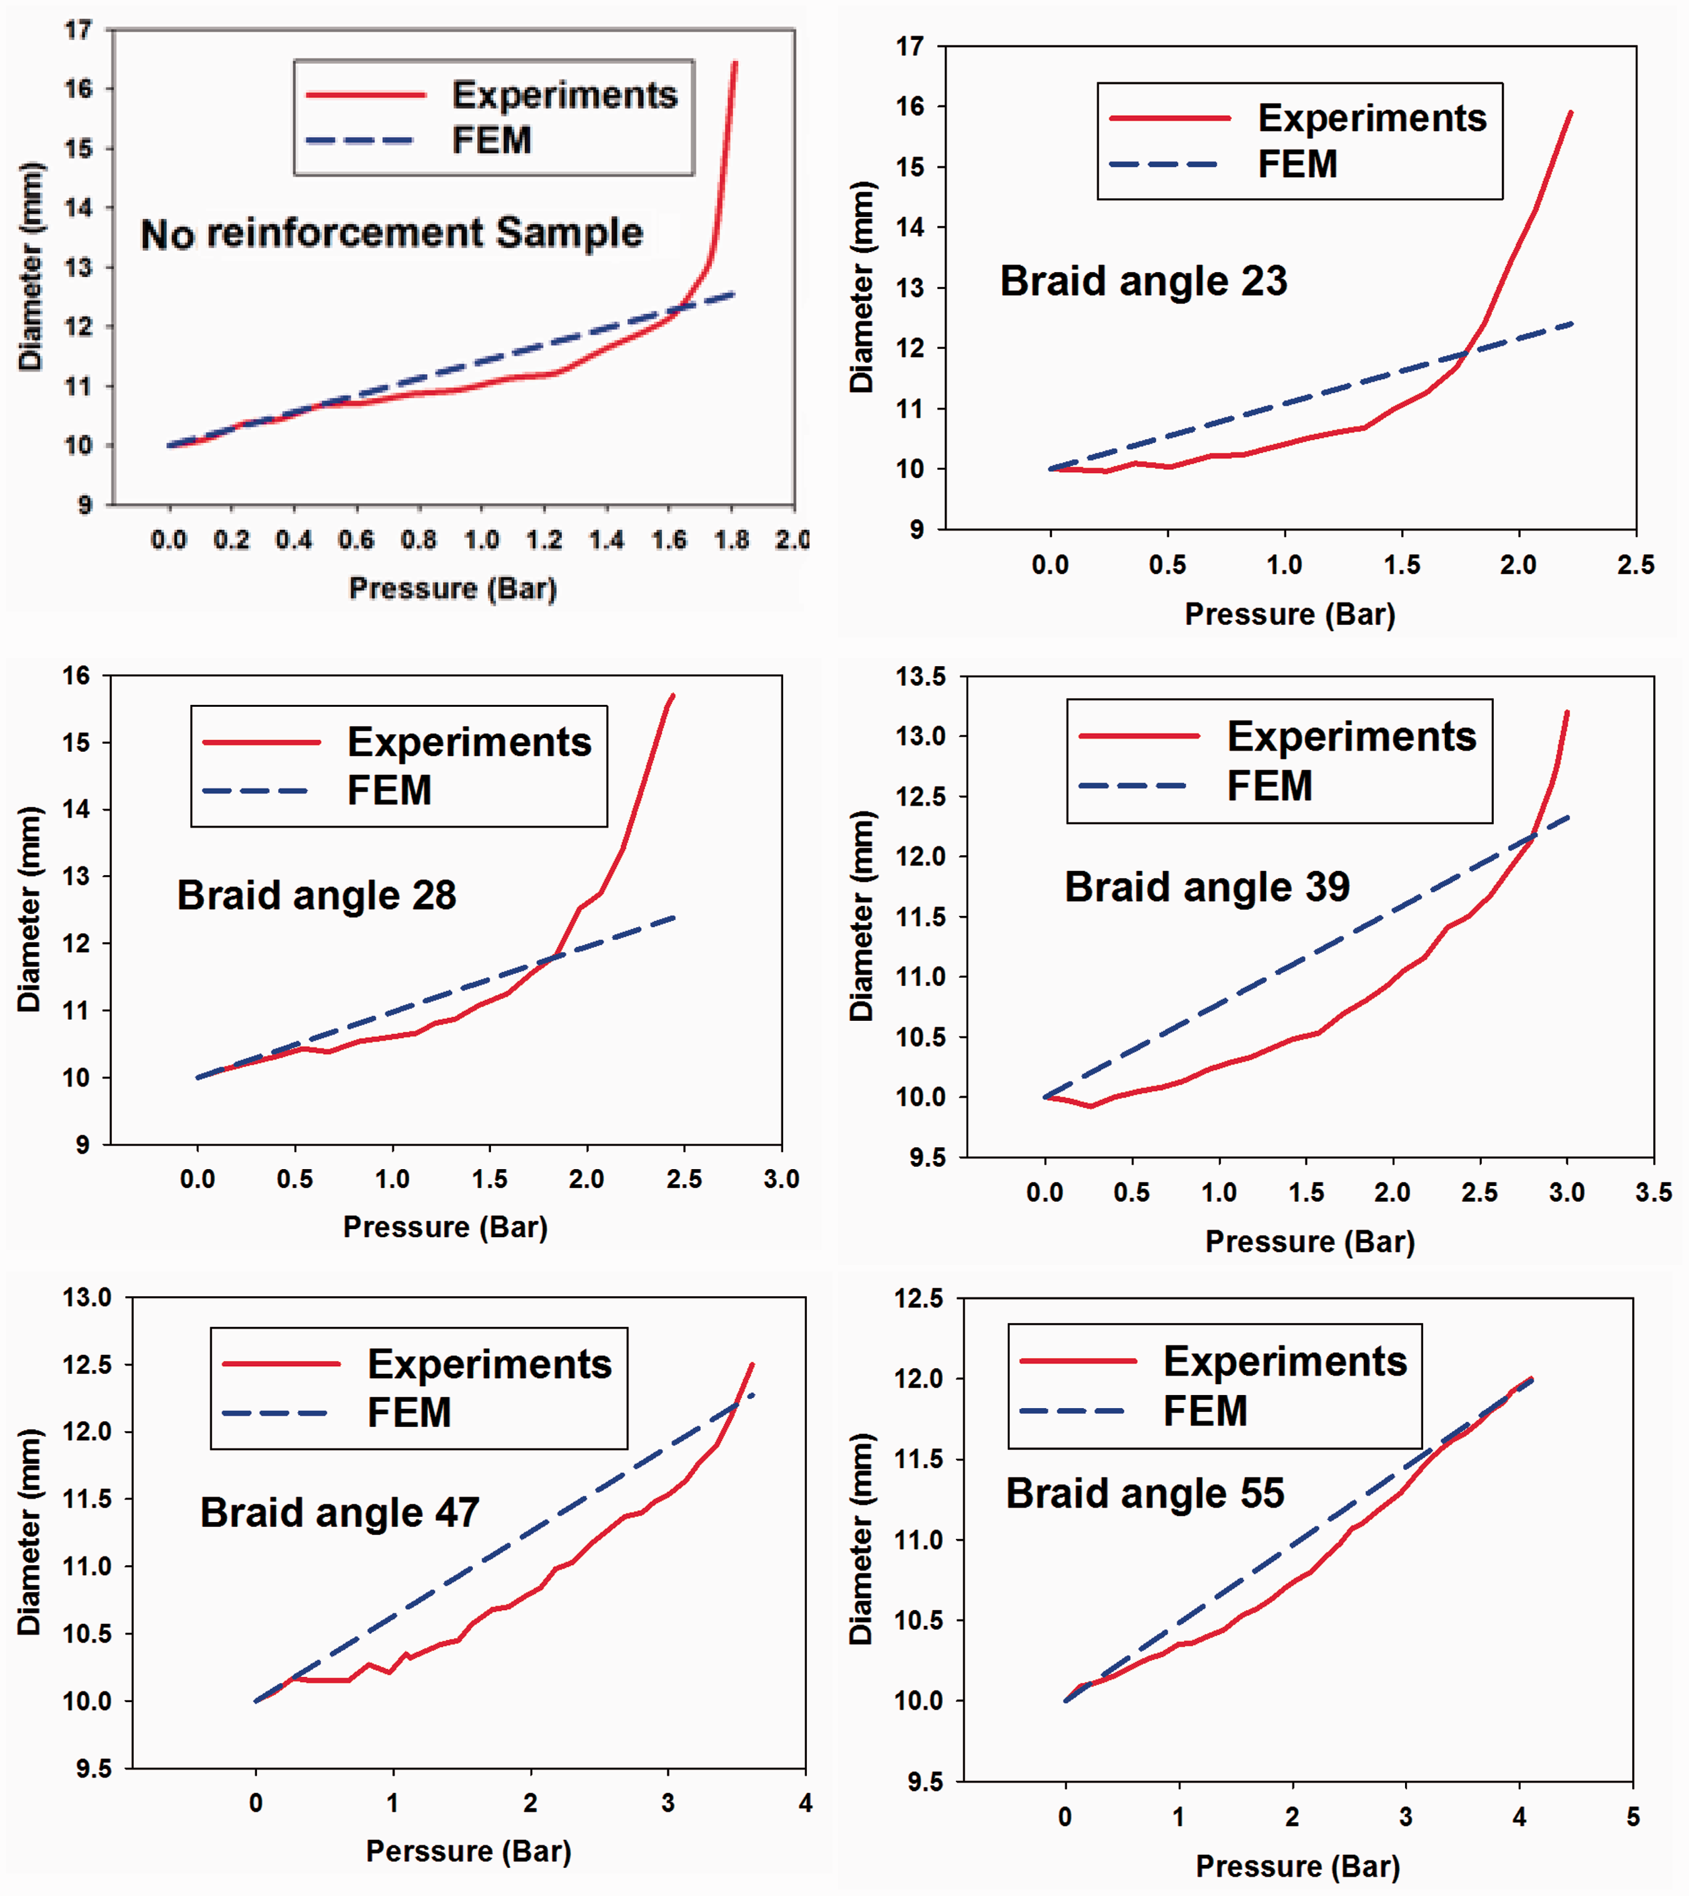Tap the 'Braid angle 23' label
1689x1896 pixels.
tap(1144, 281)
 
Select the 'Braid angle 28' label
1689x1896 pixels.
tap(317, 896)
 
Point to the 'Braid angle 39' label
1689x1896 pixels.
tap(1207, 887)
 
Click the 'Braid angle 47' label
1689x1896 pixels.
tap(340, 1513)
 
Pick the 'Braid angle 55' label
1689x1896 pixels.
tap(1145, 1493)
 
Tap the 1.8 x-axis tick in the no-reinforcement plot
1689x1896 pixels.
tap(731, 539)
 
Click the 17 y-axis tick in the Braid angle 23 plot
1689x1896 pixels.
tap(910, 46)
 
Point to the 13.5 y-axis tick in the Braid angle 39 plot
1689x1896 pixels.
tap(921, 677)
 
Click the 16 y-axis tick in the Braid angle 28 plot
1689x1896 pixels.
tap(76, 676)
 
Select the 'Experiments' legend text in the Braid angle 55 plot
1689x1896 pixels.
tap(1286, 1361)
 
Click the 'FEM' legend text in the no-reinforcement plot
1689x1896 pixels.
tap(492, 140)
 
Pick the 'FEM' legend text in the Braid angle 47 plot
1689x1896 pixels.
tap(409, 1412)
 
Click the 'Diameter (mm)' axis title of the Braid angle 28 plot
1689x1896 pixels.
tap(29, 910)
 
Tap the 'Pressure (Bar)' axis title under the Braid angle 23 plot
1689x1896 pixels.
tap(1290, 614)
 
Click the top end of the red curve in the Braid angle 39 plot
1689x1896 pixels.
tap(1568, 712)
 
